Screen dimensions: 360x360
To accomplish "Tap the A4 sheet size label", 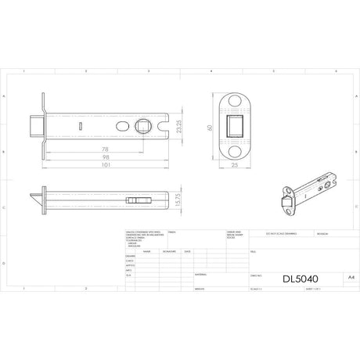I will (338, 275).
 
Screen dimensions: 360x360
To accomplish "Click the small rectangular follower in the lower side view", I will (139, 201).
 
